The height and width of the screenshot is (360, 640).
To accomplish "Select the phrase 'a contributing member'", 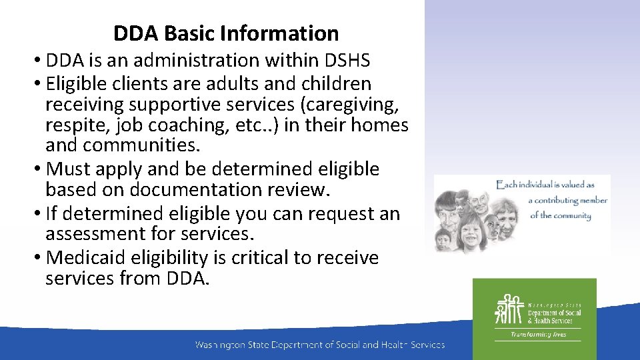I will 567,200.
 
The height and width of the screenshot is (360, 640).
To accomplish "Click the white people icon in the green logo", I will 509,309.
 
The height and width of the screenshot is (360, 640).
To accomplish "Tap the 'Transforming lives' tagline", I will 537,334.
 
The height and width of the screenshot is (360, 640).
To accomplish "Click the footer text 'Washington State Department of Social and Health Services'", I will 319,345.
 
